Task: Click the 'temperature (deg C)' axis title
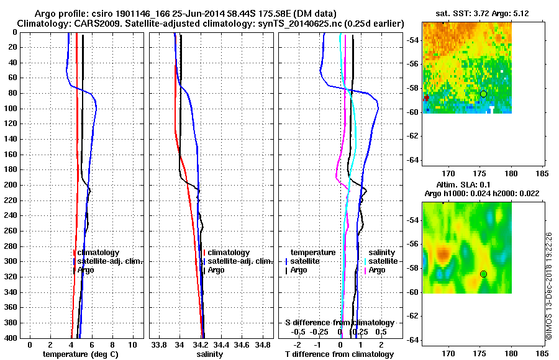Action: click(81, 354)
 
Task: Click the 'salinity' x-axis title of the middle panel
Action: click(210, 354)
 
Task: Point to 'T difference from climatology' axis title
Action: click(339, 354)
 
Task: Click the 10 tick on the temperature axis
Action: click(132, 344)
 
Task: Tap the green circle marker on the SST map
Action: click(483, 94)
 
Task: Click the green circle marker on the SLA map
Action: click(483, 274)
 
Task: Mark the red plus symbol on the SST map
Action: click(426, 98)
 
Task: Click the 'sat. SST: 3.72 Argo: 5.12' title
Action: click(467, 13)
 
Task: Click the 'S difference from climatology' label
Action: click(339, 323)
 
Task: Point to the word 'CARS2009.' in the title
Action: click(88, 23)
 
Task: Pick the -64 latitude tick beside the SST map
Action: click(412, 160)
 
